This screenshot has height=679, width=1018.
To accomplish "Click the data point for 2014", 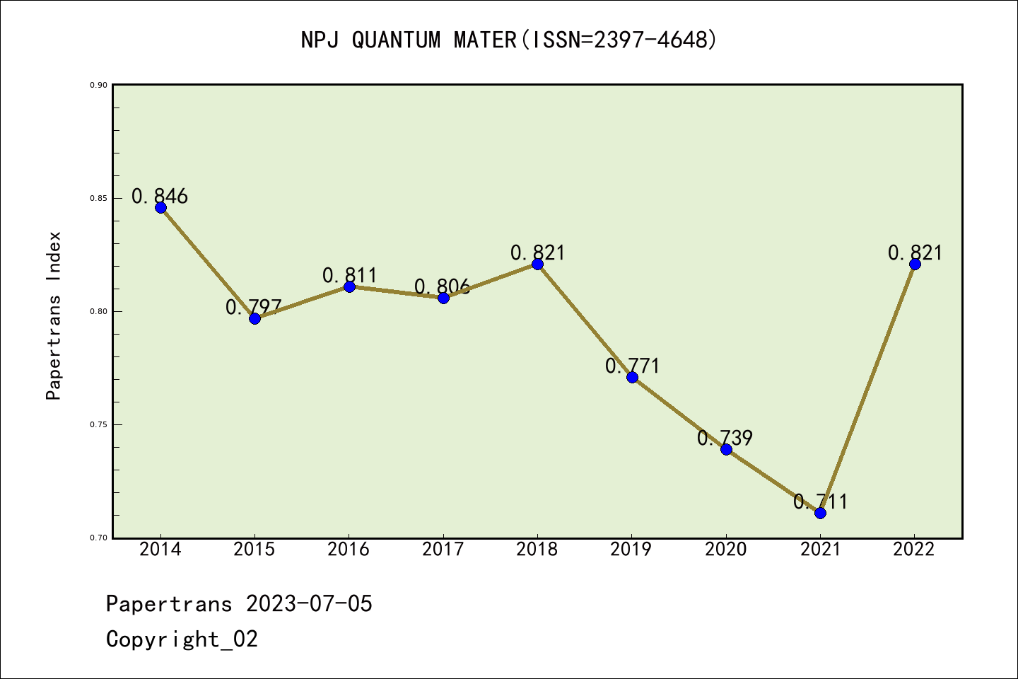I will [x=160, y=207].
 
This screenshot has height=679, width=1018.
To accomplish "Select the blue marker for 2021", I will [x=820, y=513].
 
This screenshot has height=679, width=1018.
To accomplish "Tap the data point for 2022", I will [x=915, y=264].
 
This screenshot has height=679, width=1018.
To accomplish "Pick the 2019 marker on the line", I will [x=632, y=377].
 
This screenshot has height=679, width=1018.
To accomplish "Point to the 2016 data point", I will [x=349, y=286].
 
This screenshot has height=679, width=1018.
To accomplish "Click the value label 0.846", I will [x=160, y=196].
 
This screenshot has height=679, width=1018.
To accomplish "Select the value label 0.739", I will [x=725, y=438].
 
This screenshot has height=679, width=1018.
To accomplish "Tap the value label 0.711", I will [x=820, y=501].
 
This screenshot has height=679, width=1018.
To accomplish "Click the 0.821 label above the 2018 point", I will [x=538, y=253].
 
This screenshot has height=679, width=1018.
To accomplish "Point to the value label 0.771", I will [x=632, y=366].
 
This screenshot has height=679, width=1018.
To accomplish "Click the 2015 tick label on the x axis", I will [x=255, y=550].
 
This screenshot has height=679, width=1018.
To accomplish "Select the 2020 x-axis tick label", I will [x=726, y=550].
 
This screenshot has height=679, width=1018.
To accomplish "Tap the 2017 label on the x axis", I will [x=443, y=550].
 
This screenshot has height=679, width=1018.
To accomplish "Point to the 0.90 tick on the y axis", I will [x=98, y=85].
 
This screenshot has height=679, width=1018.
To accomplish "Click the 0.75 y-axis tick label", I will [x=98, y=424].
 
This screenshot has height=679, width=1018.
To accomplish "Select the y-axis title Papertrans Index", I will [x=54, y=315].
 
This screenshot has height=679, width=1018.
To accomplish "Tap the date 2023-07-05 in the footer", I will [x=309, y=604].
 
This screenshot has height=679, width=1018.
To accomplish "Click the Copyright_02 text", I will [x=182, y=639].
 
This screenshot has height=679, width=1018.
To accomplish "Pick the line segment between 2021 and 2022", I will [x=867, y=388].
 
